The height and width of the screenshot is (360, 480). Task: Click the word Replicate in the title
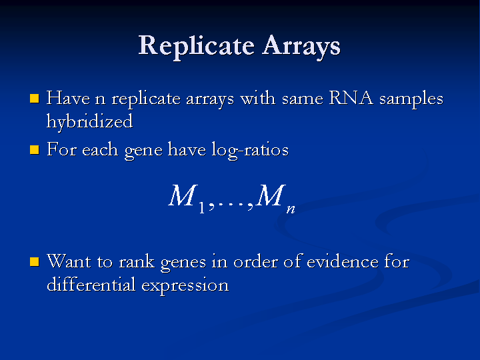coord(196,47)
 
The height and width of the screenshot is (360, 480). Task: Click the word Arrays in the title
coord(301,47)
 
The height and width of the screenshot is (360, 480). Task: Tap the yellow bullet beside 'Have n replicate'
coord(34,99)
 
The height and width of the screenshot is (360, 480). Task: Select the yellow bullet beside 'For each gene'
coord(34,150)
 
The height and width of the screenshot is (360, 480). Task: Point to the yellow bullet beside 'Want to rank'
coord(34,262)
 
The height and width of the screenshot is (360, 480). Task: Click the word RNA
coord(351,98)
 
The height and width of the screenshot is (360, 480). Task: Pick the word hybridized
coord(90,121)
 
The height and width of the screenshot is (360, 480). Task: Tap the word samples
coord(411,99)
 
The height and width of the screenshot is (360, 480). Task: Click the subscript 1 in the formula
coord(201,208)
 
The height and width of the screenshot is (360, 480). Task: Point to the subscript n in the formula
coord(291,209)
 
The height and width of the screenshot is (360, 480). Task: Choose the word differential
coord(91,285)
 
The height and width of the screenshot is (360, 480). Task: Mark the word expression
coord(185,286)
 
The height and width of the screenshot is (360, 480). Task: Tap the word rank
coord(137,262)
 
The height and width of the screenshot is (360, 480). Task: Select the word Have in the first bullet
coord(68,98)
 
